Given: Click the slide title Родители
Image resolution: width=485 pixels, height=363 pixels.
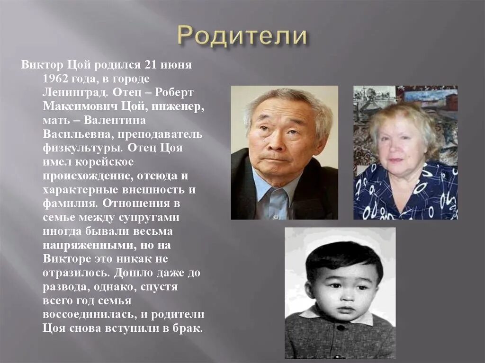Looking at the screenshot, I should pos(242,36).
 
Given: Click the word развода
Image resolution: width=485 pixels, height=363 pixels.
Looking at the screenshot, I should pos(64,287).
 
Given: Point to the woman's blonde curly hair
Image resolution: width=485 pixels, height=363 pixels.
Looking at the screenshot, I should pos(403,116).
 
